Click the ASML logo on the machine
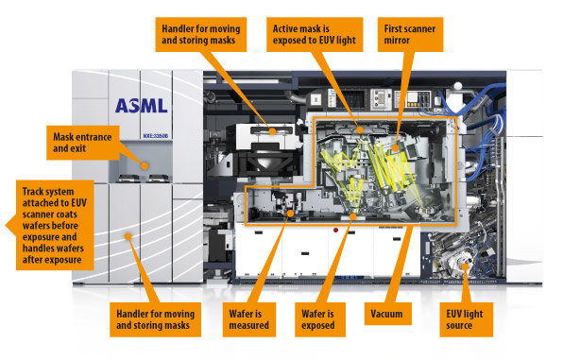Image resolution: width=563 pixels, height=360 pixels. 141,106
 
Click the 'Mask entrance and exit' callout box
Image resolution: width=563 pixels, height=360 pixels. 83,143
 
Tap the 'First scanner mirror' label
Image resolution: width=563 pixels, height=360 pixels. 410,35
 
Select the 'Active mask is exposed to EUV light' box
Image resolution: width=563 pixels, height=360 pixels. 315,35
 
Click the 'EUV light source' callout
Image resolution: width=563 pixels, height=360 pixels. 466,319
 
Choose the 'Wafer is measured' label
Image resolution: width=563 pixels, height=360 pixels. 249,319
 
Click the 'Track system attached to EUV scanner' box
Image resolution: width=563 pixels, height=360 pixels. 55,225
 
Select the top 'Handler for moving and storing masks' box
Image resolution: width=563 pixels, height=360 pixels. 200,35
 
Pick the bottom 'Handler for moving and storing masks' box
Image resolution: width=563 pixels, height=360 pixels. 155,319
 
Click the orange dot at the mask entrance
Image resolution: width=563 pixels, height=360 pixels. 145,166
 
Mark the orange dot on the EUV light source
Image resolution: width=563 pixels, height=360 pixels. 465,266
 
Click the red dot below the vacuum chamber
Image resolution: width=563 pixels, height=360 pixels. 335,230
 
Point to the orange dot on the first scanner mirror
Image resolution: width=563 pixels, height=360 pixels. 395,148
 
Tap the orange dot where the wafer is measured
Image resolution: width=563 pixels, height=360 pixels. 291,214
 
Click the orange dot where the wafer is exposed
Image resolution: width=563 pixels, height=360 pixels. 353,216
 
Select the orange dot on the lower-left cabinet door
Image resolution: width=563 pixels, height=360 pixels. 128,236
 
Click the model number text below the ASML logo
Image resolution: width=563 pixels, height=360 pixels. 156,136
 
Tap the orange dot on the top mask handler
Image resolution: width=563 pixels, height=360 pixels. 272,131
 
